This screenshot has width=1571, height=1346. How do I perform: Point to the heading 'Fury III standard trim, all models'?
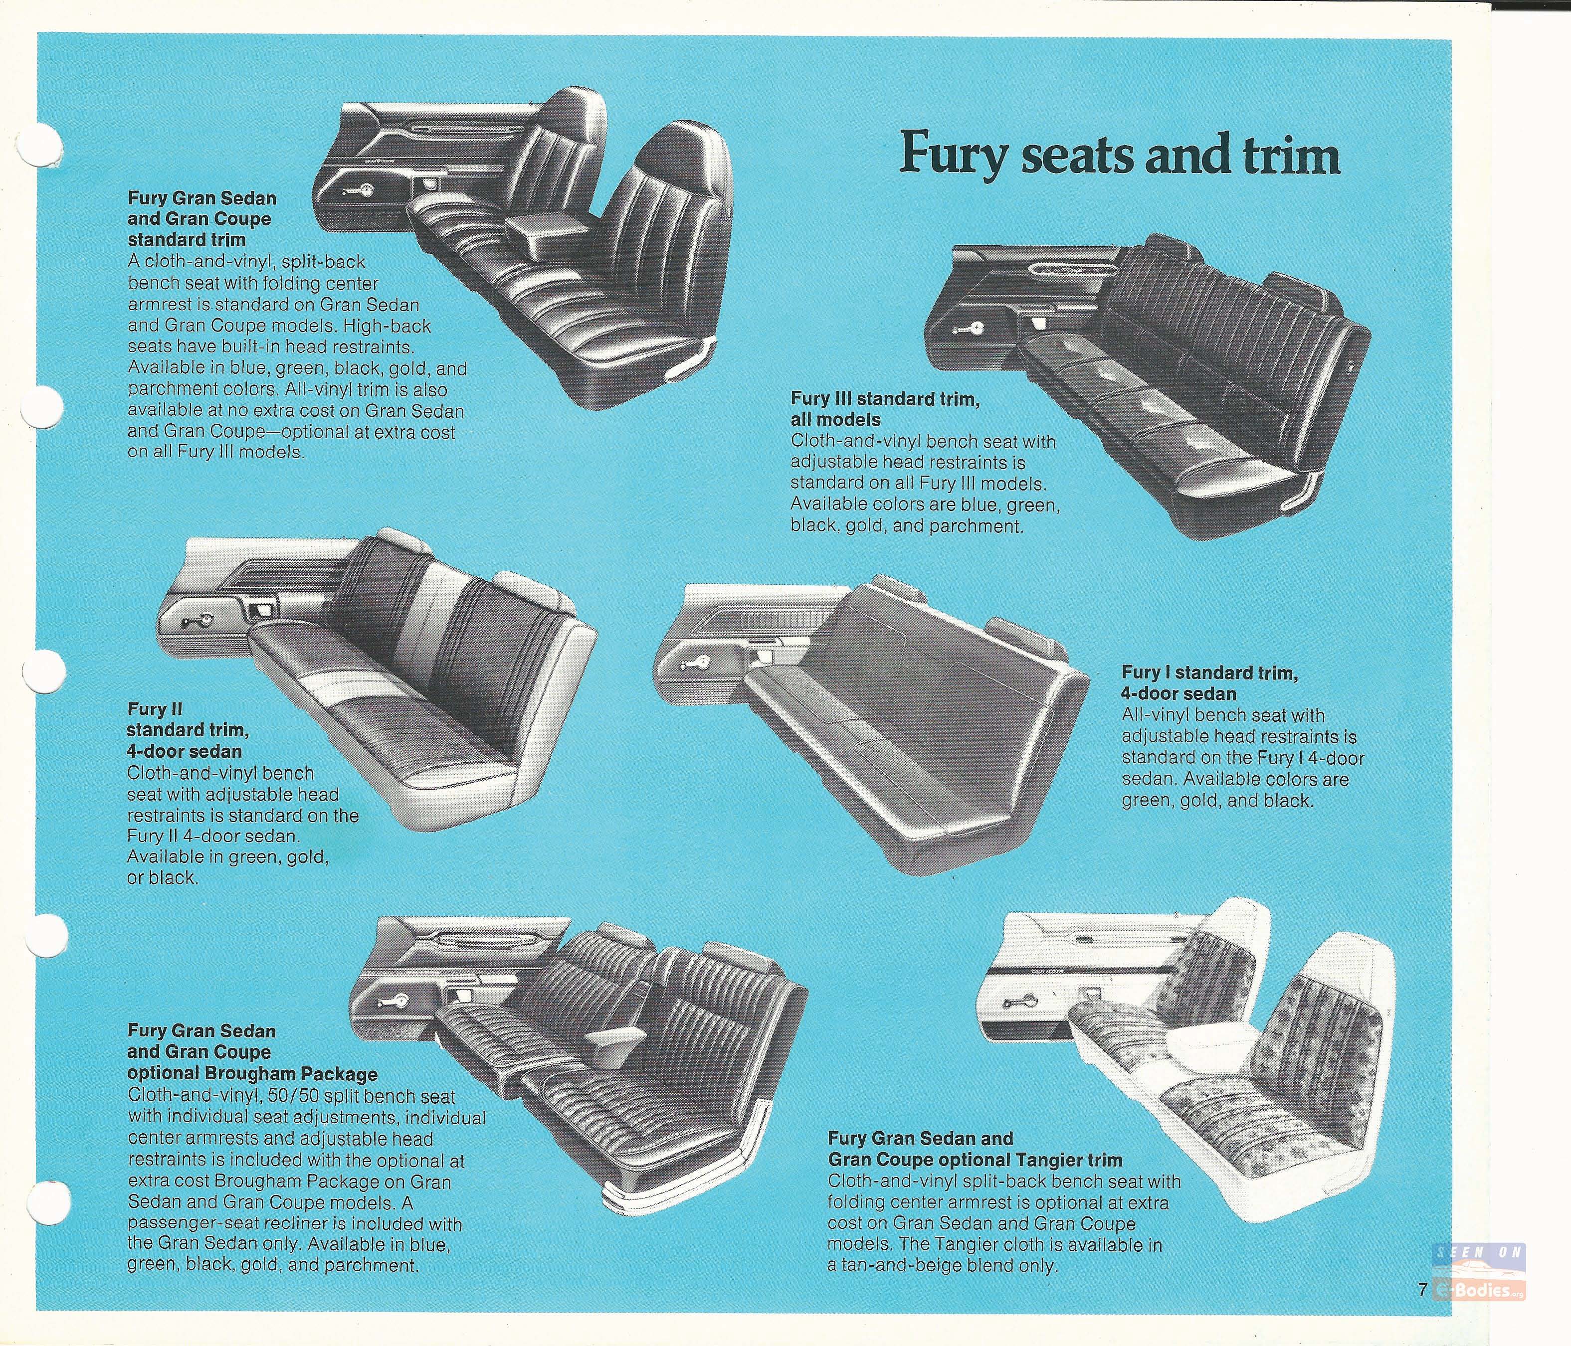(884, 409)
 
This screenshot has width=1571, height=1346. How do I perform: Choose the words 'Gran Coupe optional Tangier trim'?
(975, 1181)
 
